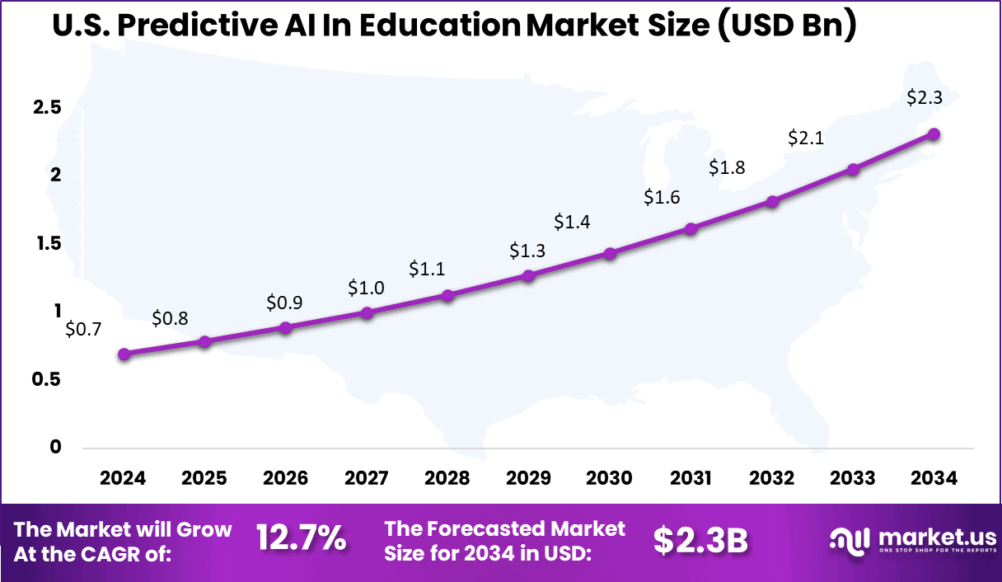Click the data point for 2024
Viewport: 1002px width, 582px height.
point(124,354)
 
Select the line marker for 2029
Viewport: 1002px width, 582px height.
point(529,275)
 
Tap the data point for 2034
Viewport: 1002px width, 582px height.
point(934,134)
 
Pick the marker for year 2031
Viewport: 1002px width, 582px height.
point(691,229)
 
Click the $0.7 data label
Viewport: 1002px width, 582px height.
point(83,330)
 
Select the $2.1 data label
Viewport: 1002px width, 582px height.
point(806,138)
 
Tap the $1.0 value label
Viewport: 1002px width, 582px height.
point(366,288)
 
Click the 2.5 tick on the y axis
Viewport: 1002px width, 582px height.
point(48,108)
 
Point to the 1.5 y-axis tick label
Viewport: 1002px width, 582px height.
point(48,243)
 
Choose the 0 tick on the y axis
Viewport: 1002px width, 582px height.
point(56,447)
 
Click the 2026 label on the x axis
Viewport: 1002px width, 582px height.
point(285,479)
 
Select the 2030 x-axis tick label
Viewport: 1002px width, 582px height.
point(610,479)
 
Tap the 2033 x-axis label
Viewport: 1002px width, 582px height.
point(853,479)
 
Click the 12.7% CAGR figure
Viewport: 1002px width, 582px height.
point(301,540)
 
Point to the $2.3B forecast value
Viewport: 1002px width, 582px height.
point(700,541)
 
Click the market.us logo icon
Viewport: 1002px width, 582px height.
point(850,540)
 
